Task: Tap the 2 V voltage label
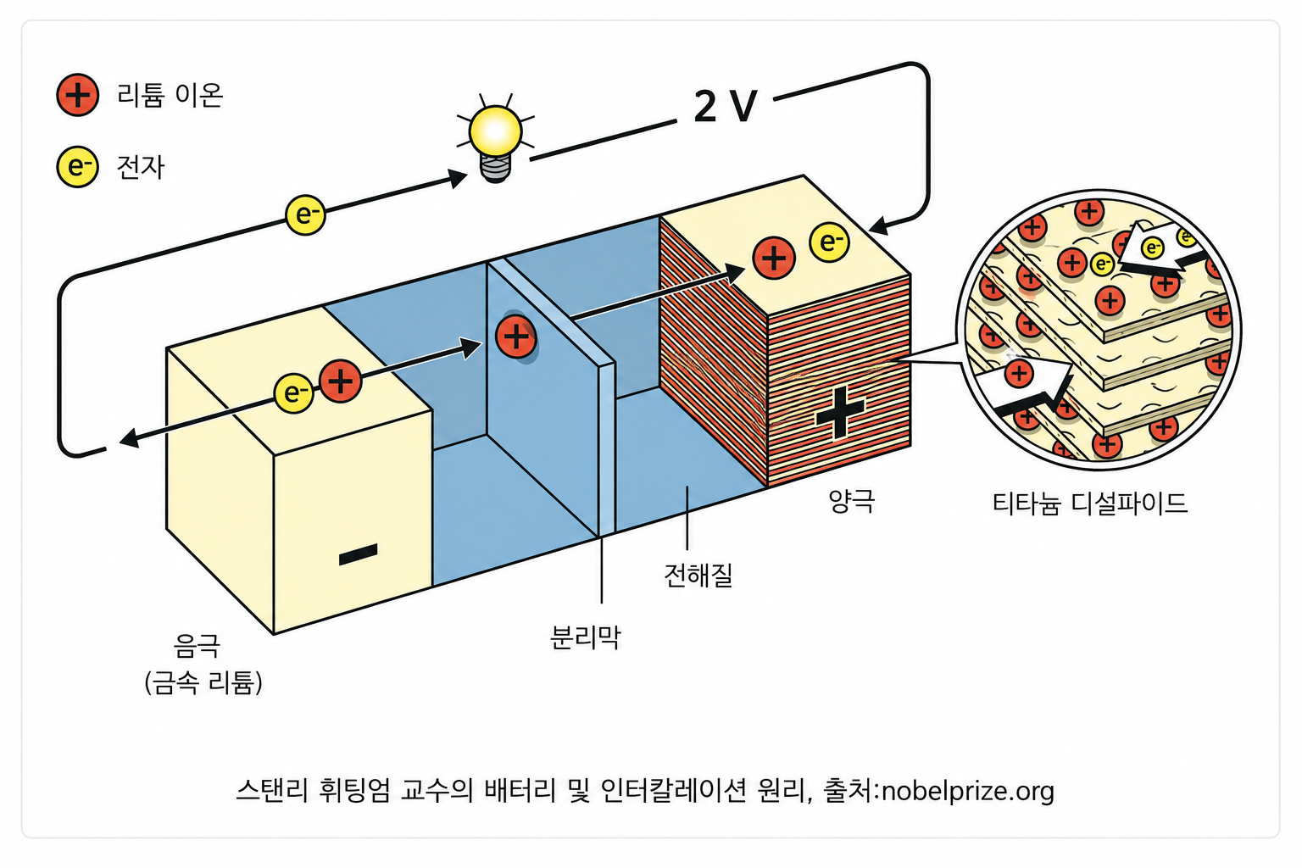pyautogui.click(x=726, y=107)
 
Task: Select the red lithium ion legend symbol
pyautogui.click(x=77, y=95)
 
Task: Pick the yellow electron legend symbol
pyautogui.click(x=77, y=167)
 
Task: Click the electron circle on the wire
pyautogui.click(x=305, y=215)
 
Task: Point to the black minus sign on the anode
pyautogui.click(x=358, y=554)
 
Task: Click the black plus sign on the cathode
pyautogui.click(x=840, y=413)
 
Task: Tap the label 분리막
pyautogui.click(x=586, y=637)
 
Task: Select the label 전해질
pyautogui.click(x=698, y=575)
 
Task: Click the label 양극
pyautogui.click(x=852, y=501)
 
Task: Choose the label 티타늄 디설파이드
pyautogui.click(x=1089, y=503)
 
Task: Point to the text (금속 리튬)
pyautogui.click(x=203, y=682)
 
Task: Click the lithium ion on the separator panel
pyautogui.click(x=515, y=337)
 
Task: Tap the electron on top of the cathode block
pyautogui.click(x=830, y=242)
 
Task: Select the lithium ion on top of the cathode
pyautogui.click(x=774, y=258)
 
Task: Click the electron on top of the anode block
pyautogui.click(x=293, y=393)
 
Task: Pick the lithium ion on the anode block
pyautogui.click(x=341, y=381)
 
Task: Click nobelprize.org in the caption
pyautogui.click(x=968, y=791)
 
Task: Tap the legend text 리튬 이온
pyautogui.click(x=170, y=95)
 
